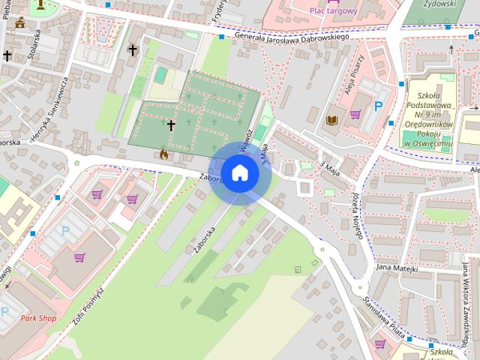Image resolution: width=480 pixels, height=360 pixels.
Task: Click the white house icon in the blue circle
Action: (239, 172)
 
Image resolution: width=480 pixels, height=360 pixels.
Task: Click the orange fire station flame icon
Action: (163, 154)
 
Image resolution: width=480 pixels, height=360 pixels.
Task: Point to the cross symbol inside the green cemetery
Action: (171, 124)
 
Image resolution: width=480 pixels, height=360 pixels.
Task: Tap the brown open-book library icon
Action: (332, 119)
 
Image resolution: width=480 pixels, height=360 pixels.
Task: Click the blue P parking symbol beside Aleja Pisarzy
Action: (379, 107)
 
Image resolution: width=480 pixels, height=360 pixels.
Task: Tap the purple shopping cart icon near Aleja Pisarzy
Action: (355, 114)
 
